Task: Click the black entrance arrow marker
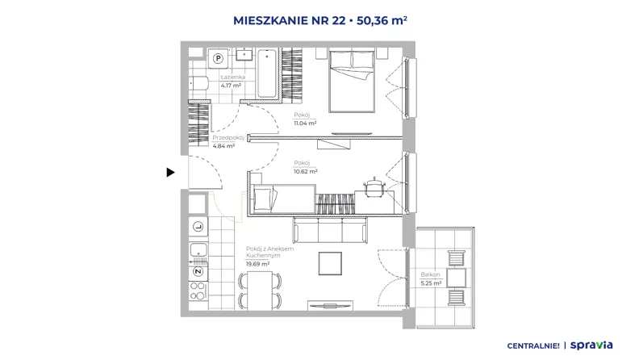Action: point(170,173)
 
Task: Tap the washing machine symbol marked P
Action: point(219,58)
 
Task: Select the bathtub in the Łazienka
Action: point(267,73)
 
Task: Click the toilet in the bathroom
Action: point(198,84)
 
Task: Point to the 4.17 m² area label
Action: point(231,86)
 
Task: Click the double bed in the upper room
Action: point(352,81)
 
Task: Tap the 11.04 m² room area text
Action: point(305,123)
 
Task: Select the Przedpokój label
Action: point(228,138)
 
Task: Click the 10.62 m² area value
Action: point(305,172)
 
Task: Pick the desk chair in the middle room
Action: point(374,186)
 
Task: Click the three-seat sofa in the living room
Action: point(330,230)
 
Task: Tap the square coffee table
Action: point(330,263)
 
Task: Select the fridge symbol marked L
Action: point(198,226)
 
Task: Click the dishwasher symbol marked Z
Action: point(198,271)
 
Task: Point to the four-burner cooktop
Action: point(198,291)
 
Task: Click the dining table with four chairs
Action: point(260,291)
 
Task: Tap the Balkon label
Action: point(430,274)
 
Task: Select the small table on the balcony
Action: point(456,278)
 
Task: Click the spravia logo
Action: point(591,345)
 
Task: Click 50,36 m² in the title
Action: point(382,20)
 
